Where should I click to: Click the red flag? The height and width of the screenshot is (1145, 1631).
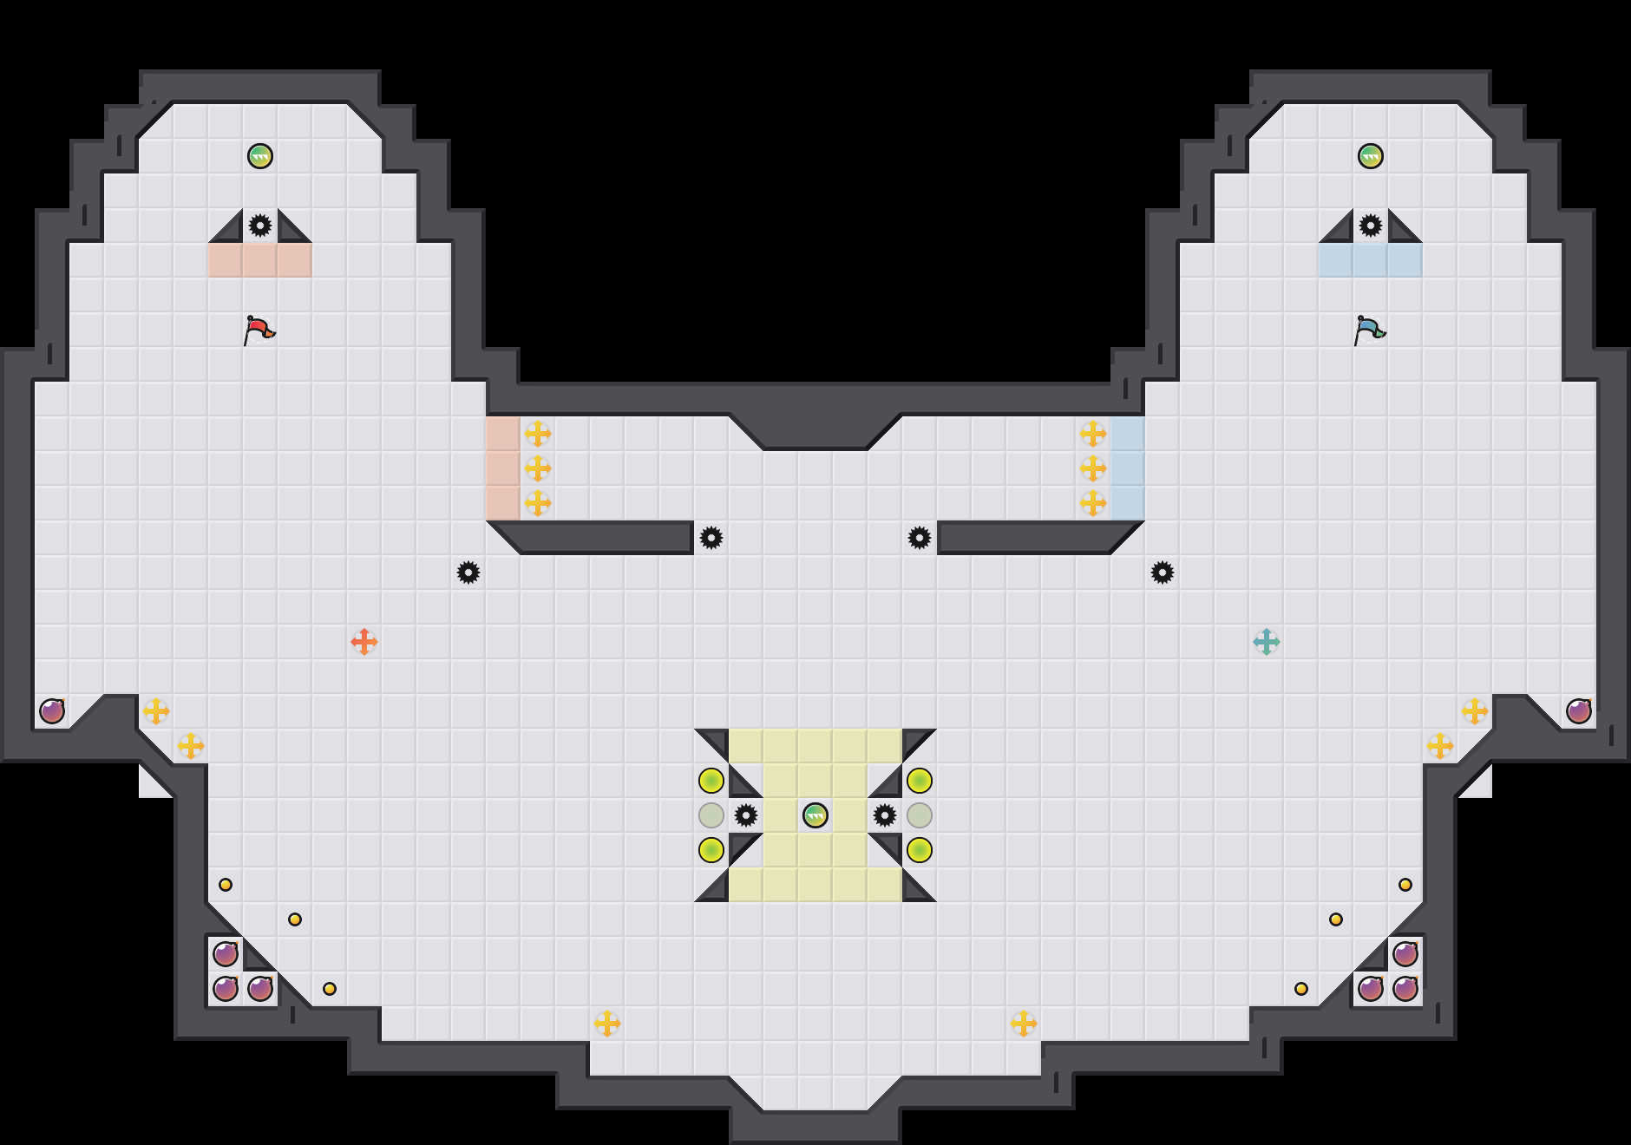[x=259, y=330]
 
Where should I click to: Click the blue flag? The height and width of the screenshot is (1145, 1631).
[x=1369, y=330]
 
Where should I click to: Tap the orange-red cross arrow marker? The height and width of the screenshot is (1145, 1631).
[x=364, y=642]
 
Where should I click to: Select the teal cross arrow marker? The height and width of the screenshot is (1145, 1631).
[x=1267, y=642]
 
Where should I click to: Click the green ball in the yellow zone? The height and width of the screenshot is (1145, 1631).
[x=815, y=815]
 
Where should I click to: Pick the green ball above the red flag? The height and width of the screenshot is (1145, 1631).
[x=260, y=156]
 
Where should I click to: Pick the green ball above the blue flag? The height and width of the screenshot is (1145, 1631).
[x=1371, y=156]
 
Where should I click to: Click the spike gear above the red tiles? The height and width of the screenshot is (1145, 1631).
[x=260, y=226]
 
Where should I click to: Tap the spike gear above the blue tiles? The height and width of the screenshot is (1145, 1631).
[x=1371, y=226]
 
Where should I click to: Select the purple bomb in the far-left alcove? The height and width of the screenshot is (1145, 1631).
[x=52, y=711]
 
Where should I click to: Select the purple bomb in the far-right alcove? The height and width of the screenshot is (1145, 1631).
[x=1579, y=711]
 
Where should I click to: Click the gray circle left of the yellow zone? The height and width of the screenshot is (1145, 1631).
[x=711, y=815]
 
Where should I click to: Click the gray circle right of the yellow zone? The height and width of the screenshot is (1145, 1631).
[x=920, y=815]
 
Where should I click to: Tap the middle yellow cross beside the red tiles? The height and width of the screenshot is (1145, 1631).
[x=538, y=468]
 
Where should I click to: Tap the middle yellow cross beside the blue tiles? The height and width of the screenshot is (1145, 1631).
[x=1093, y=468]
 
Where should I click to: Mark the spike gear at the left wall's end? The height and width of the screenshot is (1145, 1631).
[x=711, y=538]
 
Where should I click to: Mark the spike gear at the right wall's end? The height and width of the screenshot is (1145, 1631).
[x=920, y=538]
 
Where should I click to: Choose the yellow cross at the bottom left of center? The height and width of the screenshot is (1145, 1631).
[x=607, y=1024]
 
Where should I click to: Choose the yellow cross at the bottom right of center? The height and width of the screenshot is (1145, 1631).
[x=1024, y=1024]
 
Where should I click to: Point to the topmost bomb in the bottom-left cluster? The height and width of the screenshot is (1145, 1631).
[x=226, y=954]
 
